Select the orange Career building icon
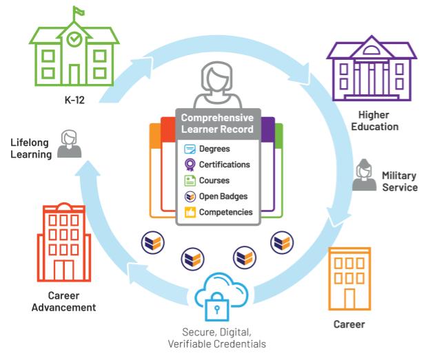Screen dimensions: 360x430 click(349, 279)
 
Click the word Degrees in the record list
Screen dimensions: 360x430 click(214, 149)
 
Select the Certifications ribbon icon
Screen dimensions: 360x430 click(190, 165)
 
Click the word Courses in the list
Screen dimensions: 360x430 click(213, 180)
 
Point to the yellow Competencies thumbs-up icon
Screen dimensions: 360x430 click(190, 212)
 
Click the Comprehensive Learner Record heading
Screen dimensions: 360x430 click(217, 123)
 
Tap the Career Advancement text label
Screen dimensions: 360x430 click(63, 301)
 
